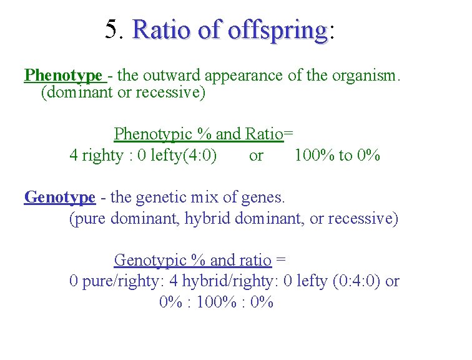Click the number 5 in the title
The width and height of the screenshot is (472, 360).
[x=112, y=28]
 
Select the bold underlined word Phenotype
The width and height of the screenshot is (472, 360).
[x=63, y=76]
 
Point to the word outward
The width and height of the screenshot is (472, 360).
[x=168, y=76]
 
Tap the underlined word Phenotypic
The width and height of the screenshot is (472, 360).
[x=152, y=134]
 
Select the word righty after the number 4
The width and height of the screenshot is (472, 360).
[x=103, y=156]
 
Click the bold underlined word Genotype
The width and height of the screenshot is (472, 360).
[x=60, y=198]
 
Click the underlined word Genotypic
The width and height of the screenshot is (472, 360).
[x=150, y=260]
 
